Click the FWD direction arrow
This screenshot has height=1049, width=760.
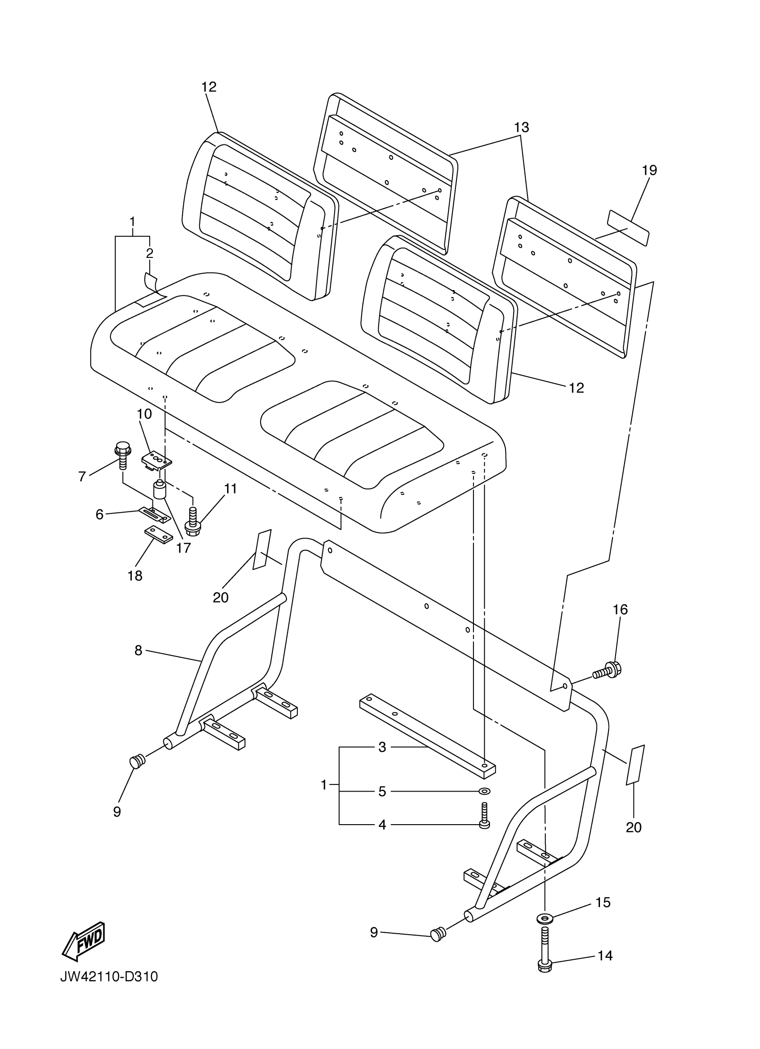(84, 939)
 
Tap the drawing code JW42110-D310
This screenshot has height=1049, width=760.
(109, 977)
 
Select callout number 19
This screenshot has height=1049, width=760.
(650, 170)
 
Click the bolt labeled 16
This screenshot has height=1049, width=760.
(608, 670)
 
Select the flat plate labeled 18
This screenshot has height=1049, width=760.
(159, 535)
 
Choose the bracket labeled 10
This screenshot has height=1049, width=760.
(156, 462)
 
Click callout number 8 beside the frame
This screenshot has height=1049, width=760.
(138, 651)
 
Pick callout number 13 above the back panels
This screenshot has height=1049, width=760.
(522, 127)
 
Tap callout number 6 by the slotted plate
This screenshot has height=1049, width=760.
(99, 514)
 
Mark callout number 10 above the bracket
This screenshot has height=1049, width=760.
(144, 414)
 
